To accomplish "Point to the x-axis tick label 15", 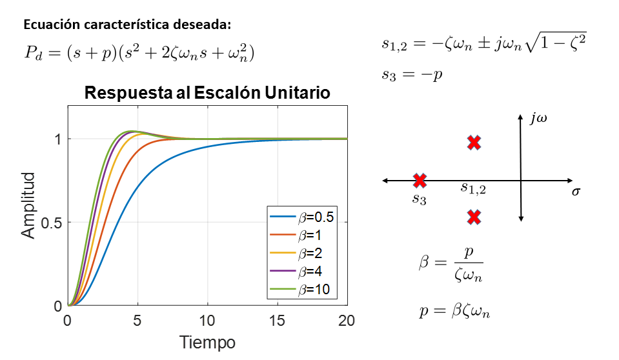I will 277,321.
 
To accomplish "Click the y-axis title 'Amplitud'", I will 29,205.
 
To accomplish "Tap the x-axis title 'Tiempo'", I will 207,342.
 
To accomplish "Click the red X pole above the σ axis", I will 474,143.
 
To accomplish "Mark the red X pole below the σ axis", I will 474,217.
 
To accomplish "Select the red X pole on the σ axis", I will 420,181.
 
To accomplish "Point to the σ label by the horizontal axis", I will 576,192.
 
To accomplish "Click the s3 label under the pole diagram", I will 420,199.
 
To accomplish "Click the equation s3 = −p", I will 411,74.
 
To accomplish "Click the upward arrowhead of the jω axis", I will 520,116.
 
